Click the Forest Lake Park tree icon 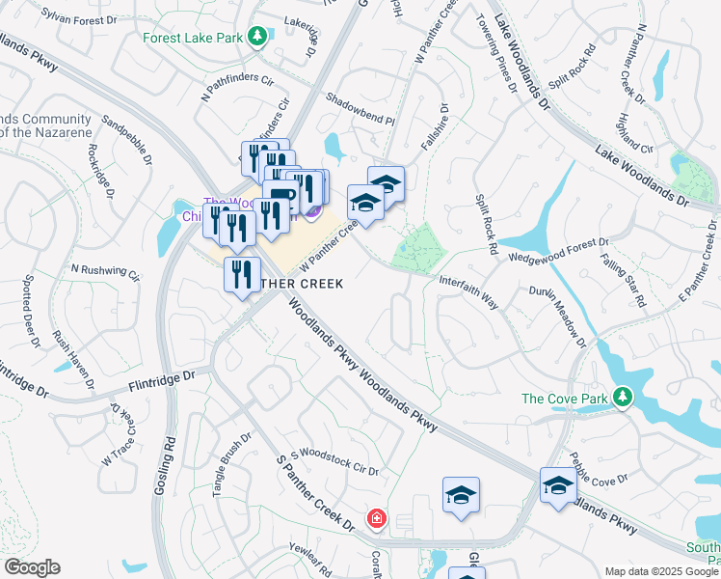pyautogui.click(x=256, y=38)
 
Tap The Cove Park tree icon pyautogui.click(x=624, y=397)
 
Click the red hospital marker pyautogui.click(x=376, y=520)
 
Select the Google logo pyautogui.click(x=32, y=567)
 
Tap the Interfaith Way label pyautogui.click(x=468, y=292)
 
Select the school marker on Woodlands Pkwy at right pyautogui.click(x=558, y=485)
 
